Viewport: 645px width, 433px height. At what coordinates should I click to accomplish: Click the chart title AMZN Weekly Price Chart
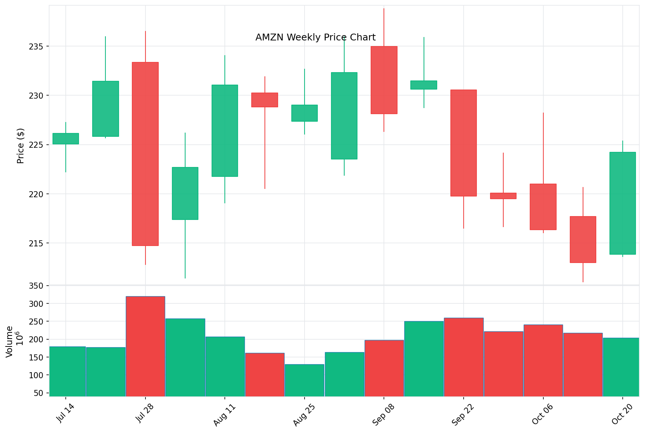coord(316,37)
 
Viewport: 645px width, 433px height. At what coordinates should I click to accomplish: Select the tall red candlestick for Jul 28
coord(145,154)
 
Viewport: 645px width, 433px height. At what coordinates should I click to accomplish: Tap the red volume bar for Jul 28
coord(145,346)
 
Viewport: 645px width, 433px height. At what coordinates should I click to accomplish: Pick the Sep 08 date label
coord(383,414)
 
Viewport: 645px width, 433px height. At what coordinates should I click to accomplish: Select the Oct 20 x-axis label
coord(622,414)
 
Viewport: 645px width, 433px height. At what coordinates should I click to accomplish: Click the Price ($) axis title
coord(21,146)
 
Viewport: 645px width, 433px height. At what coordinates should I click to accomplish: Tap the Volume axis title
coord(10,342)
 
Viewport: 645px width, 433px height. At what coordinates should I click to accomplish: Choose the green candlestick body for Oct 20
coord(622,203)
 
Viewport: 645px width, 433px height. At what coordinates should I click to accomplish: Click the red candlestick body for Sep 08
coord(384,80)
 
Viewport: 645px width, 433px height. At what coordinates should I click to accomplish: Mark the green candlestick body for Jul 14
coord(66,139)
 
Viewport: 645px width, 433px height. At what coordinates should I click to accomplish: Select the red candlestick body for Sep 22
coord(463,143)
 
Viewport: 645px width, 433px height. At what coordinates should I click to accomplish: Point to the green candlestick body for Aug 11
coord(225,131)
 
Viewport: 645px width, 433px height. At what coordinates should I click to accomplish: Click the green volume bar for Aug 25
coord(304,380)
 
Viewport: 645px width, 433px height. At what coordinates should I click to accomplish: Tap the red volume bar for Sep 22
coord(463,357)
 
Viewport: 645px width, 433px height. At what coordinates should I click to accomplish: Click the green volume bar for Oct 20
coord(621,367)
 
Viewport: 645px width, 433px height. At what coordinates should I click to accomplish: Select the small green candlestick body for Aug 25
coord(304,113)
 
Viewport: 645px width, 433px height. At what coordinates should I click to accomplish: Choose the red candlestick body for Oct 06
coord(543,207)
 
